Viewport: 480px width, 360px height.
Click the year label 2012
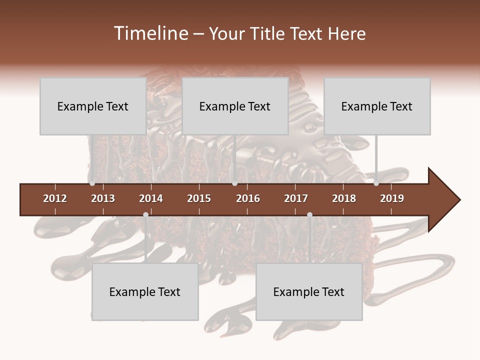tap(55, 198)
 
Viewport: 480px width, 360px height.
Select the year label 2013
tap(103, 198)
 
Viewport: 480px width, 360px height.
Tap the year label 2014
tap(151, 198)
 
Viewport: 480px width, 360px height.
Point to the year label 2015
tap(199, 198)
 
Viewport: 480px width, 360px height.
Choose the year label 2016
tap(248, 198)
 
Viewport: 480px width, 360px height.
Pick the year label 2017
tap(296, 198)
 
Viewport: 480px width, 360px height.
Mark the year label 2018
tap(344, 198)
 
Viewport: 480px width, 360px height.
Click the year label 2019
tap(392, 198)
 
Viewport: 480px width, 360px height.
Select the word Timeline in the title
tap(150, 33)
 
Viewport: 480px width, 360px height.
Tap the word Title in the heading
tap(268, 33)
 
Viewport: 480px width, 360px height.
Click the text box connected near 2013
tap(93, 106)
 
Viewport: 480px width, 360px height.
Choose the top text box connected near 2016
tap(235, 106)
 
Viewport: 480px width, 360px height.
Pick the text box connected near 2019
tap(377, 106)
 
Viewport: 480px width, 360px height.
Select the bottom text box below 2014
tap(145, 291)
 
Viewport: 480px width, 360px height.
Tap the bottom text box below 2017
tap(309, 291)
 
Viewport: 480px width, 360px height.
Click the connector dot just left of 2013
tap(92, 183)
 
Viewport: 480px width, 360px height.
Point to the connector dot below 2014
tap(145, 214)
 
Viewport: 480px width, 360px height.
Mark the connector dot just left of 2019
tap(376, 183)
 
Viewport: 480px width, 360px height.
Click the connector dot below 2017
tap(309, 214)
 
